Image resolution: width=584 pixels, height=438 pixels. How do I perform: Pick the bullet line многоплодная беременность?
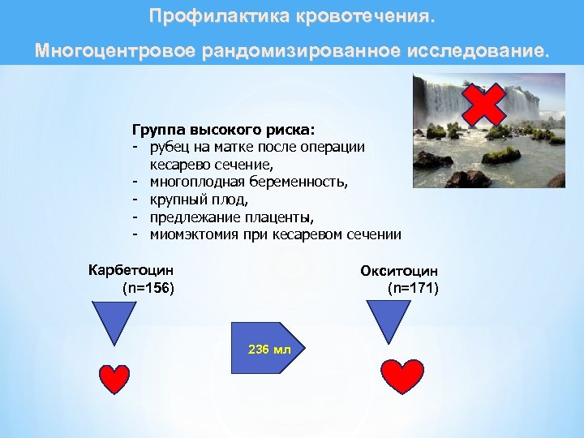[249, 182]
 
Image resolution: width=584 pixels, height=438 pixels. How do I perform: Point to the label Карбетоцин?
[131, 271]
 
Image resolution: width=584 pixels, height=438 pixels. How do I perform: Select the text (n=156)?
[148, 288]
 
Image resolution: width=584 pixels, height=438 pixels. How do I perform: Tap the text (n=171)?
[413, 288]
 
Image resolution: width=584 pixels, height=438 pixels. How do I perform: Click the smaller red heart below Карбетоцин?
[114, 378]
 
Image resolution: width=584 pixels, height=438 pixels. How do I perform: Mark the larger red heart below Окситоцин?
[402, 376]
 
